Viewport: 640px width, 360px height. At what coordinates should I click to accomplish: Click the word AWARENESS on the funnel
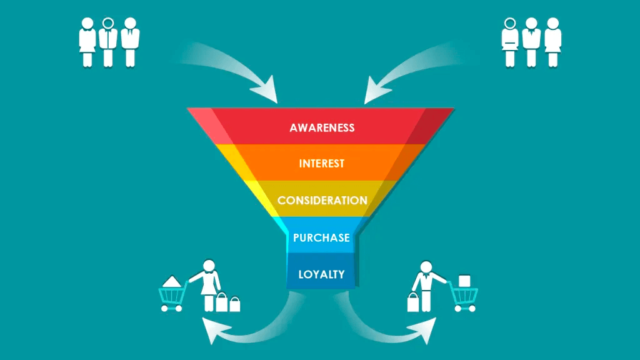click(x=322, y=127)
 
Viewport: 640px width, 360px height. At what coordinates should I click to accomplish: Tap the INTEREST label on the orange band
click(x=322, y=164)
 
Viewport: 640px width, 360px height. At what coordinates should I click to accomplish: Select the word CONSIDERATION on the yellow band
click(x=322, y=201)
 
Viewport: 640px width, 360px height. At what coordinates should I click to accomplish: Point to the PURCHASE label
click(x=321, y=237)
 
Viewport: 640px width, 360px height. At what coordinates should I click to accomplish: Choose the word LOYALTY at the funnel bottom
click(x=321, y=274)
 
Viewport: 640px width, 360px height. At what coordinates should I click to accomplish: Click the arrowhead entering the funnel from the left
click(x=266, y=90)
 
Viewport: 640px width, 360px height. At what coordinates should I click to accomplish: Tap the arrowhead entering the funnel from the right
click(x=376, y=90)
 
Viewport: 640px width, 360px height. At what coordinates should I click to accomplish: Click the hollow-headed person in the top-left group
click(x=108, y=42)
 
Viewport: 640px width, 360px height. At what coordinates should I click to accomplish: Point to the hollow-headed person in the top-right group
click(x=510, y=42)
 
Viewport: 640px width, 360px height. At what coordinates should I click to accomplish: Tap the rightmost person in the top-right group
click(x=553, y=42)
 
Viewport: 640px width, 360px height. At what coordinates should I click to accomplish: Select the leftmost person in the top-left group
click(x=87, y=42)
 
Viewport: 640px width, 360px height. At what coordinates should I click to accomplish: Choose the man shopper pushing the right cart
click(x=427, y=286)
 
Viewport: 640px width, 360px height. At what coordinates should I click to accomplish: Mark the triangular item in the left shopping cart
click(x=171, y=281)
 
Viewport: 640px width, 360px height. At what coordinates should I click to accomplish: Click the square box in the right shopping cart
click(x=464, y=281)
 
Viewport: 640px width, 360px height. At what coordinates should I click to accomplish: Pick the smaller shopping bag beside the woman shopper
click(x=235, y=304)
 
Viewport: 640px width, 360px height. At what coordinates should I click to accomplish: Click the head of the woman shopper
click(x=209, y=265)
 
